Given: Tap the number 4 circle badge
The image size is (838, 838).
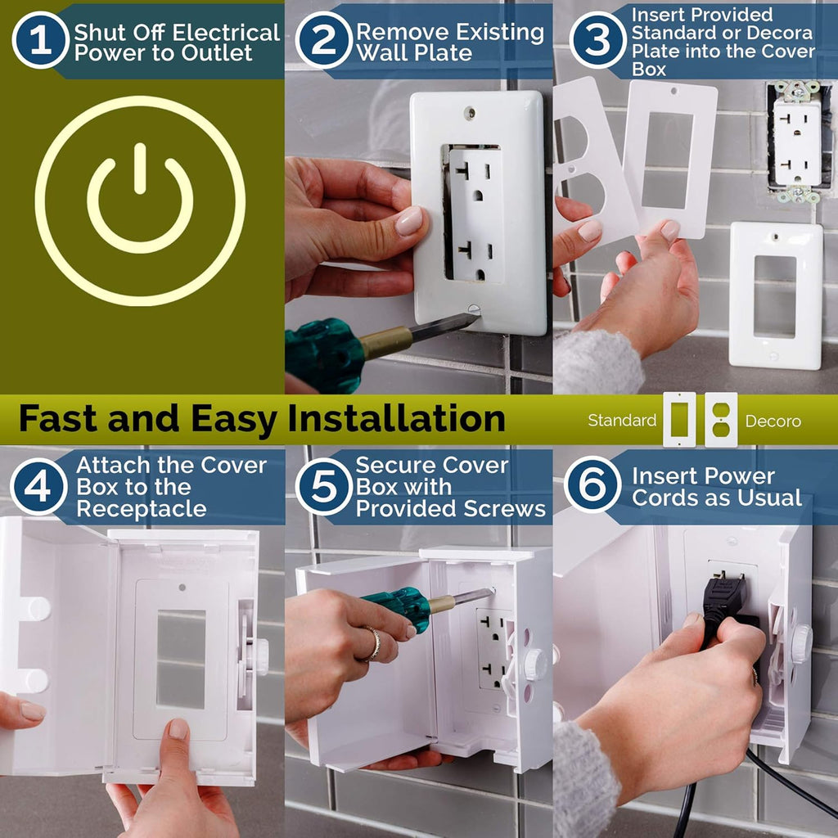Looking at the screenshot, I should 38,486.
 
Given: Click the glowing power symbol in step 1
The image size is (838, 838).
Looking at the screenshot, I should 140,201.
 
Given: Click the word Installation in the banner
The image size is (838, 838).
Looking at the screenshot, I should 396,419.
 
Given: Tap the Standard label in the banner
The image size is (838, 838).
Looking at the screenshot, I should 622,421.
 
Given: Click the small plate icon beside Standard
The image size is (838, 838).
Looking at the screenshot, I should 679,420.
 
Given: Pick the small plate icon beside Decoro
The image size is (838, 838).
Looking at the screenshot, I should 721,420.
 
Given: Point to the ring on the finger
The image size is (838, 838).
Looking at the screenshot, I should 372,643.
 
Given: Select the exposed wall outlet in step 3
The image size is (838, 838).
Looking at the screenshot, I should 796,142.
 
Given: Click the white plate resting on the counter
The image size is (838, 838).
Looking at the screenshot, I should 775,295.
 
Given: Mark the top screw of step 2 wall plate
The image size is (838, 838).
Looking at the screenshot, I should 470,115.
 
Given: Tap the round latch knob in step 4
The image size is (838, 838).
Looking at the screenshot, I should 260,656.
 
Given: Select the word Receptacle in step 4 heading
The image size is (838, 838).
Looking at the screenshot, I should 141,509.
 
